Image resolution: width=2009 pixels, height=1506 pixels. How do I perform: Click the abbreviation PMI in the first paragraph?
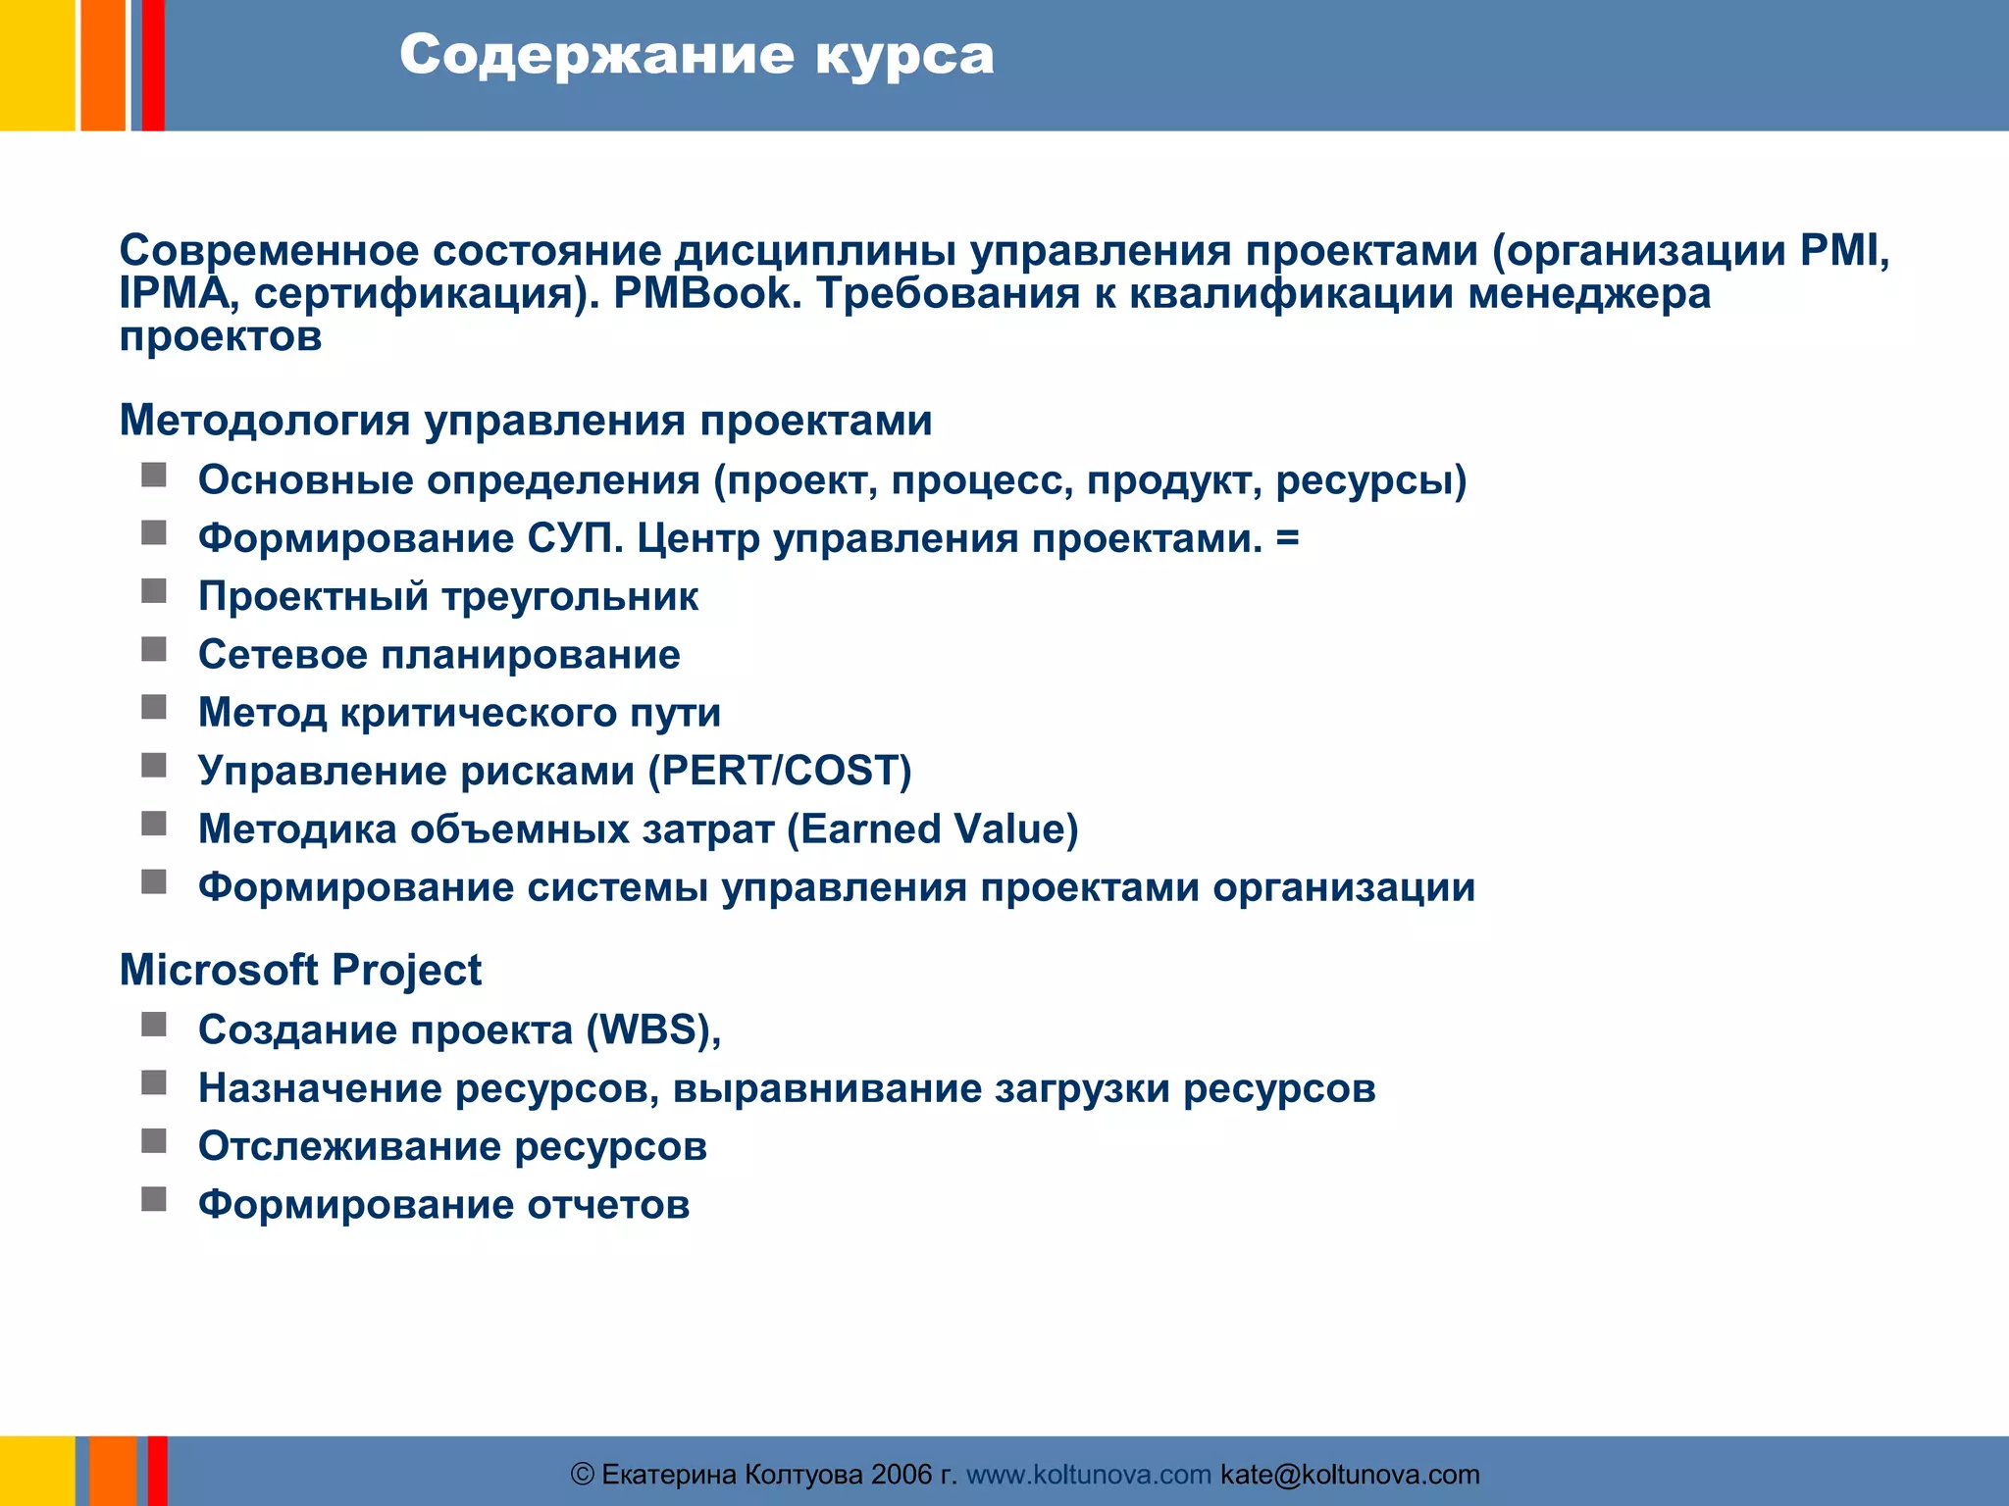coord(1843,251)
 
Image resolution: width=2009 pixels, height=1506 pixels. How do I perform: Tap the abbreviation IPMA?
coord(174,293)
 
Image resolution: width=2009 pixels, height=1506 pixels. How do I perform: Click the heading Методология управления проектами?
coord(526,421)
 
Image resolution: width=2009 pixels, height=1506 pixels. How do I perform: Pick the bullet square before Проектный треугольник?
coord(154,591)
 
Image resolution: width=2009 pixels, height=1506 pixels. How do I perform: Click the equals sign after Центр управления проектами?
coord(1288,538)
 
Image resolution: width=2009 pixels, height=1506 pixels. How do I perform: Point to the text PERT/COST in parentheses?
coord(781,771)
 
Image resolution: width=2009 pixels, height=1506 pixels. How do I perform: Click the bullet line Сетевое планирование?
coord(438,655)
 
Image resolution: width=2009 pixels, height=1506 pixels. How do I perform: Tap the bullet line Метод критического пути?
coord(459,713)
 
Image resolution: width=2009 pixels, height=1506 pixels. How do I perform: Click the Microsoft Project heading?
coord(300,971)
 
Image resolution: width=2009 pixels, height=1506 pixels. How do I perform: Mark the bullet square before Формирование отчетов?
coord(154,1199)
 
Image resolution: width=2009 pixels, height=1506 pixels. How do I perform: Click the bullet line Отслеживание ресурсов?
coord(452,1146)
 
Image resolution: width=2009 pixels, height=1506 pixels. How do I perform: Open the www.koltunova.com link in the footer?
coord(1089,1475)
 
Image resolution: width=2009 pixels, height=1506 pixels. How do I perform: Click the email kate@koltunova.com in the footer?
coord(1350,1475)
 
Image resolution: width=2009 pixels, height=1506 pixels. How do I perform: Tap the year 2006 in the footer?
coord(901,1475)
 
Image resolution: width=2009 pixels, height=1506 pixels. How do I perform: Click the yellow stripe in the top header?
coord(36,65)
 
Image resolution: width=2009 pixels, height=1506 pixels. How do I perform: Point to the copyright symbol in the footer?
coord(583,1475)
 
